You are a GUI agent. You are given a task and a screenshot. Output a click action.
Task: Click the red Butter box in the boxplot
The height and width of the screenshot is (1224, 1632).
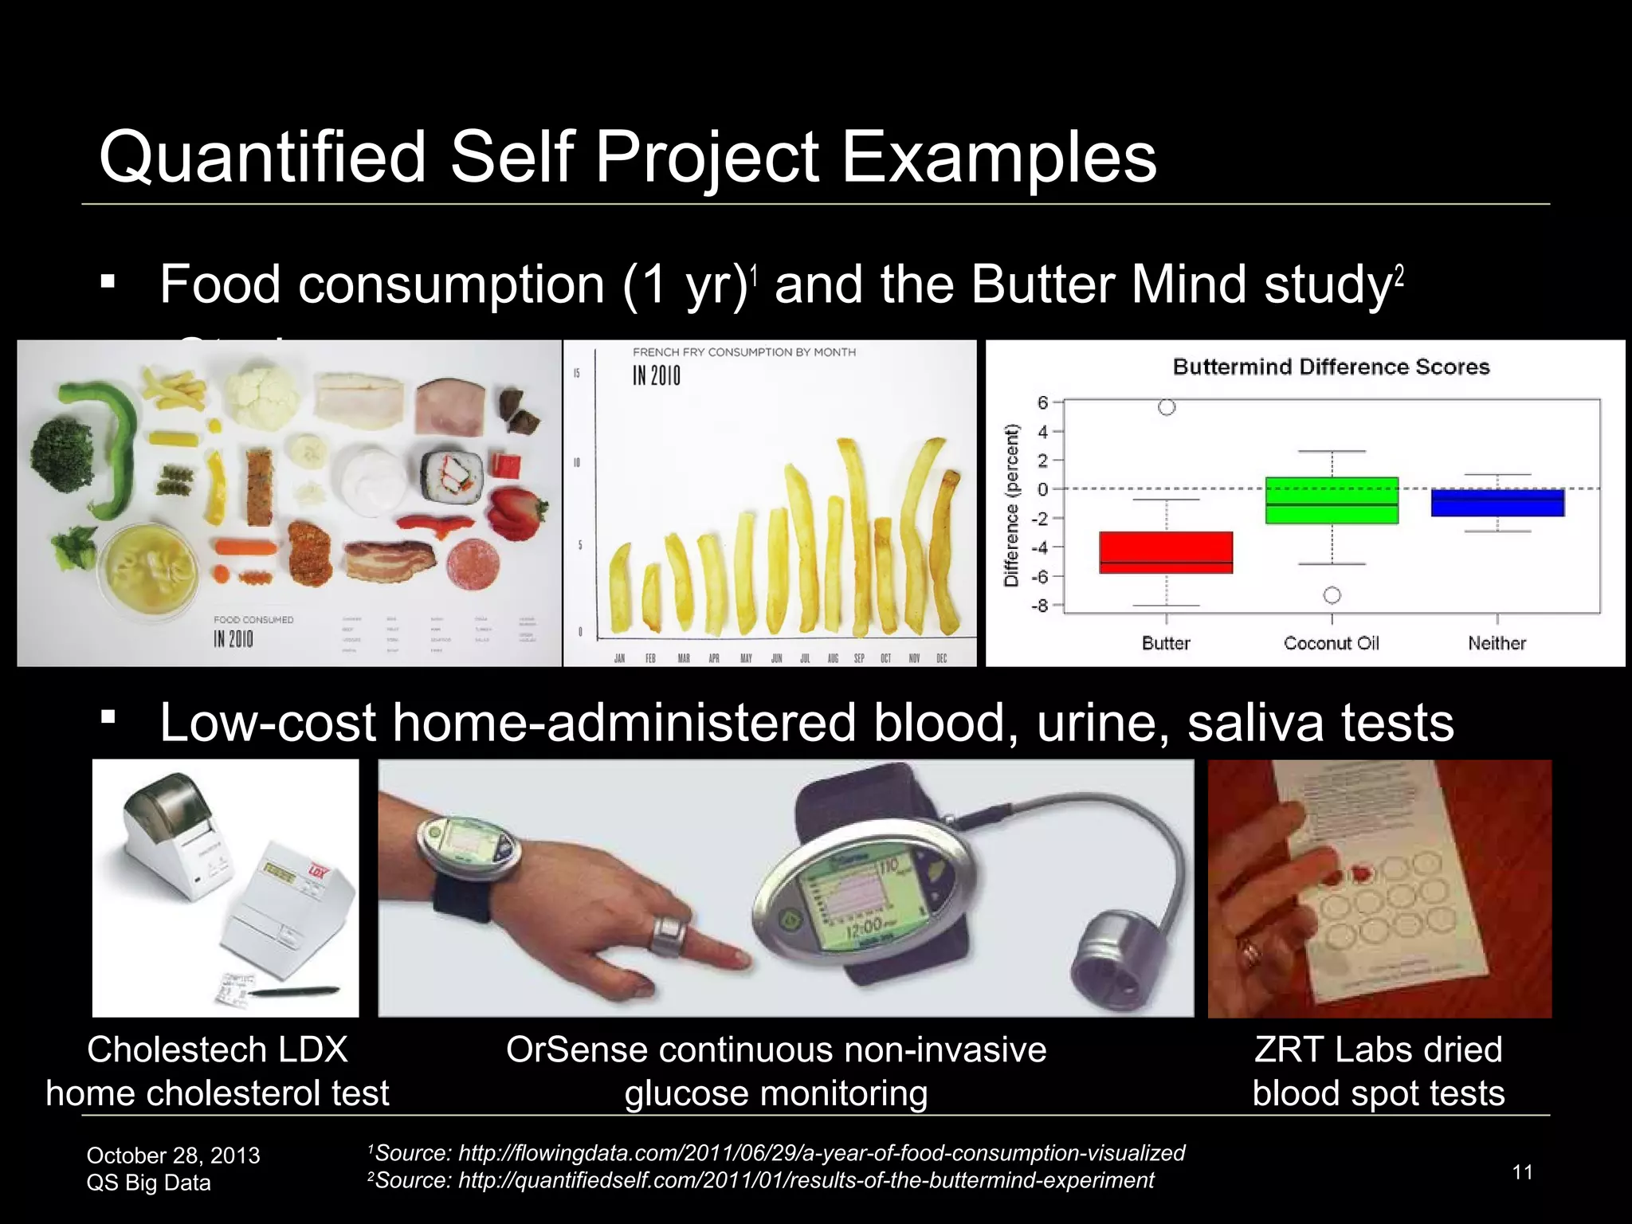(x=1166, y=552)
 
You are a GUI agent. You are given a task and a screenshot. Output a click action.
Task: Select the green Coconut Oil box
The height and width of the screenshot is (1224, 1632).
(x=1332, y=500)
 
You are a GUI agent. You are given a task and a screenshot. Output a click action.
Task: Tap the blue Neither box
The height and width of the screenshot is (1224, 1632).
(x=1497, y=503)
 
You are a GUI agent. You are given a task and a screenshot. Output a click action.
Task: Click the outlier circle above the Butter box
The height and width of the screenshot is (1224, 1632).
(x=1167, y=407)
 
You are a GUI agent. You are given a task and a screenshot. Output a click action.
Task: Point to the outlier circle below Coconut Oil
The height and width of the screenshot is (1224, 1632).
(x=1332, y=595)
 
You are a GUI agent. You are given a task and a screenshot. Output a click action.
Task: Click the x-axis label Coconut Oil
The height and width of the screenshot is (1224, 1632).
(x=1332, y=643)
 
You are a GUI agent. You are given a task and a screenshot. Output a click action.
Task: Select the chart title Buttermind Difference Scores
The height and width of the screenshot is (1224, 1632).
(x=1331, y=367)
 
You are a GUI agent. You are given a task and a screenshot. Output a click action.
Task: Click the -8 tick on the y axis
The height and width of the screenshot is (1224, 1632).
(x=1039, y=606)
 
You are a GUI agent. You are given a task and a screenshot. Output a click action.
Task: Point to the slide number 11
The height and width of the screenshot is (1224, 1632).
(x=1522, y=1171)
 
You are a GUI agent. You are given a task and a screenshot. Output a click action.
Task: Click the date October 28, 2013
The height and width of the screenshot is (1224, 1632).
(x=173, y=1155)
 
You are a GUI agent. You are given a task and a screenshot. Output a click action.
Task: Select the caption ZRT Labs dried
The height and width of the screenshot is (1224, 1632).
(x=1378, y=1049)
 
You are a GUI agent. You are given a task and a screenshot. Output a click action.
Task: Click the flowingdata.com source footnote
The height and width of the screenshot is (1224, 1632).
(x=777, y=1153)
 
